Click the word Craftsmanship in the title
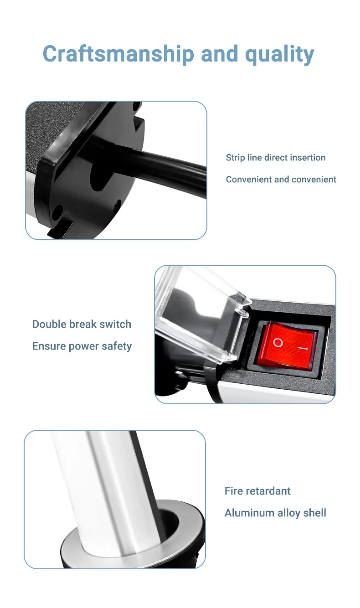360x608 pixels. pyautogui.click(x=118, y=54)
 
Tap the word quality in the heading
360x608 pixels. pyautogui.click(x=279, y=54)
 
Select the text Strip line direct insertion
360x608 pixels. pyautogui.click(x=276, y=157)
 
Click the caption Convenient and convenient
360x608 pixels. pyautogui.click(x=281, y=180)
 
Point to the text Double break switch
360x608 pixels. pyautogui.click(x=82, y=324)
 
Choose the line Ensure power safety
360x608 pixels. pyautogui.click(x=82, y=346)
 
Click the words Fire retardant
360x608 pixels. pyautogui.click(x=257, y=491)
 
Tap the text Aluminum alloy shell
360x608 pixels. pyautogui.click(x=275, y=513)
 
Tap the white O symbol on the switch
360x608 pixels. pyautogui.click(x=278, y=343)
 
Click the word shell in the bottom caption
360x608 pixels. pyautogui.click(x=315, y=513)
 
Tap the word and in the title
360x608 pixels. pyautogui.click(x=220, y=54)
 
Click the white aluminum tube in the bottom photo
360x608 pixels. pyautogui.click(x=108, y=489)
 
